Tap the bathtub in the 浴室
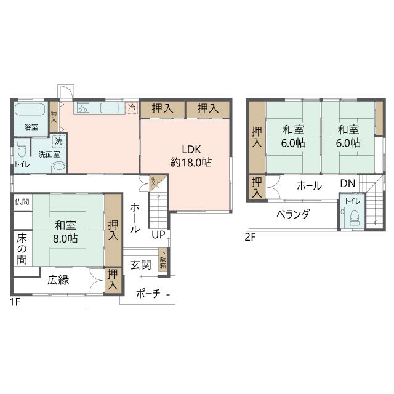[x=29, y=111]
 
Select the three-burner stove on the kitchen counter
[x=82, y=108]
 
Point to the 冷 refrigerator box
[x=132, y=108]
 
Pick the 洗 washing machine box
[x=57, y=141]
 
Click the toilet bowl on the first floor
[x=23, y=150]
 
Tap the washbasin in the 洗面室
[x=58, y=166]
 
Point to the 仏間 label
[x=22, y=201]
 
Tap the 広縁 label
[x=58, y=280]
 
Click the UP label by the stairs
[x=159, y=235]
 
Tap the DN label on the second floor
[x=347, y=183]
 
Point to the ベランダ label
[x=292, y=214]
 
